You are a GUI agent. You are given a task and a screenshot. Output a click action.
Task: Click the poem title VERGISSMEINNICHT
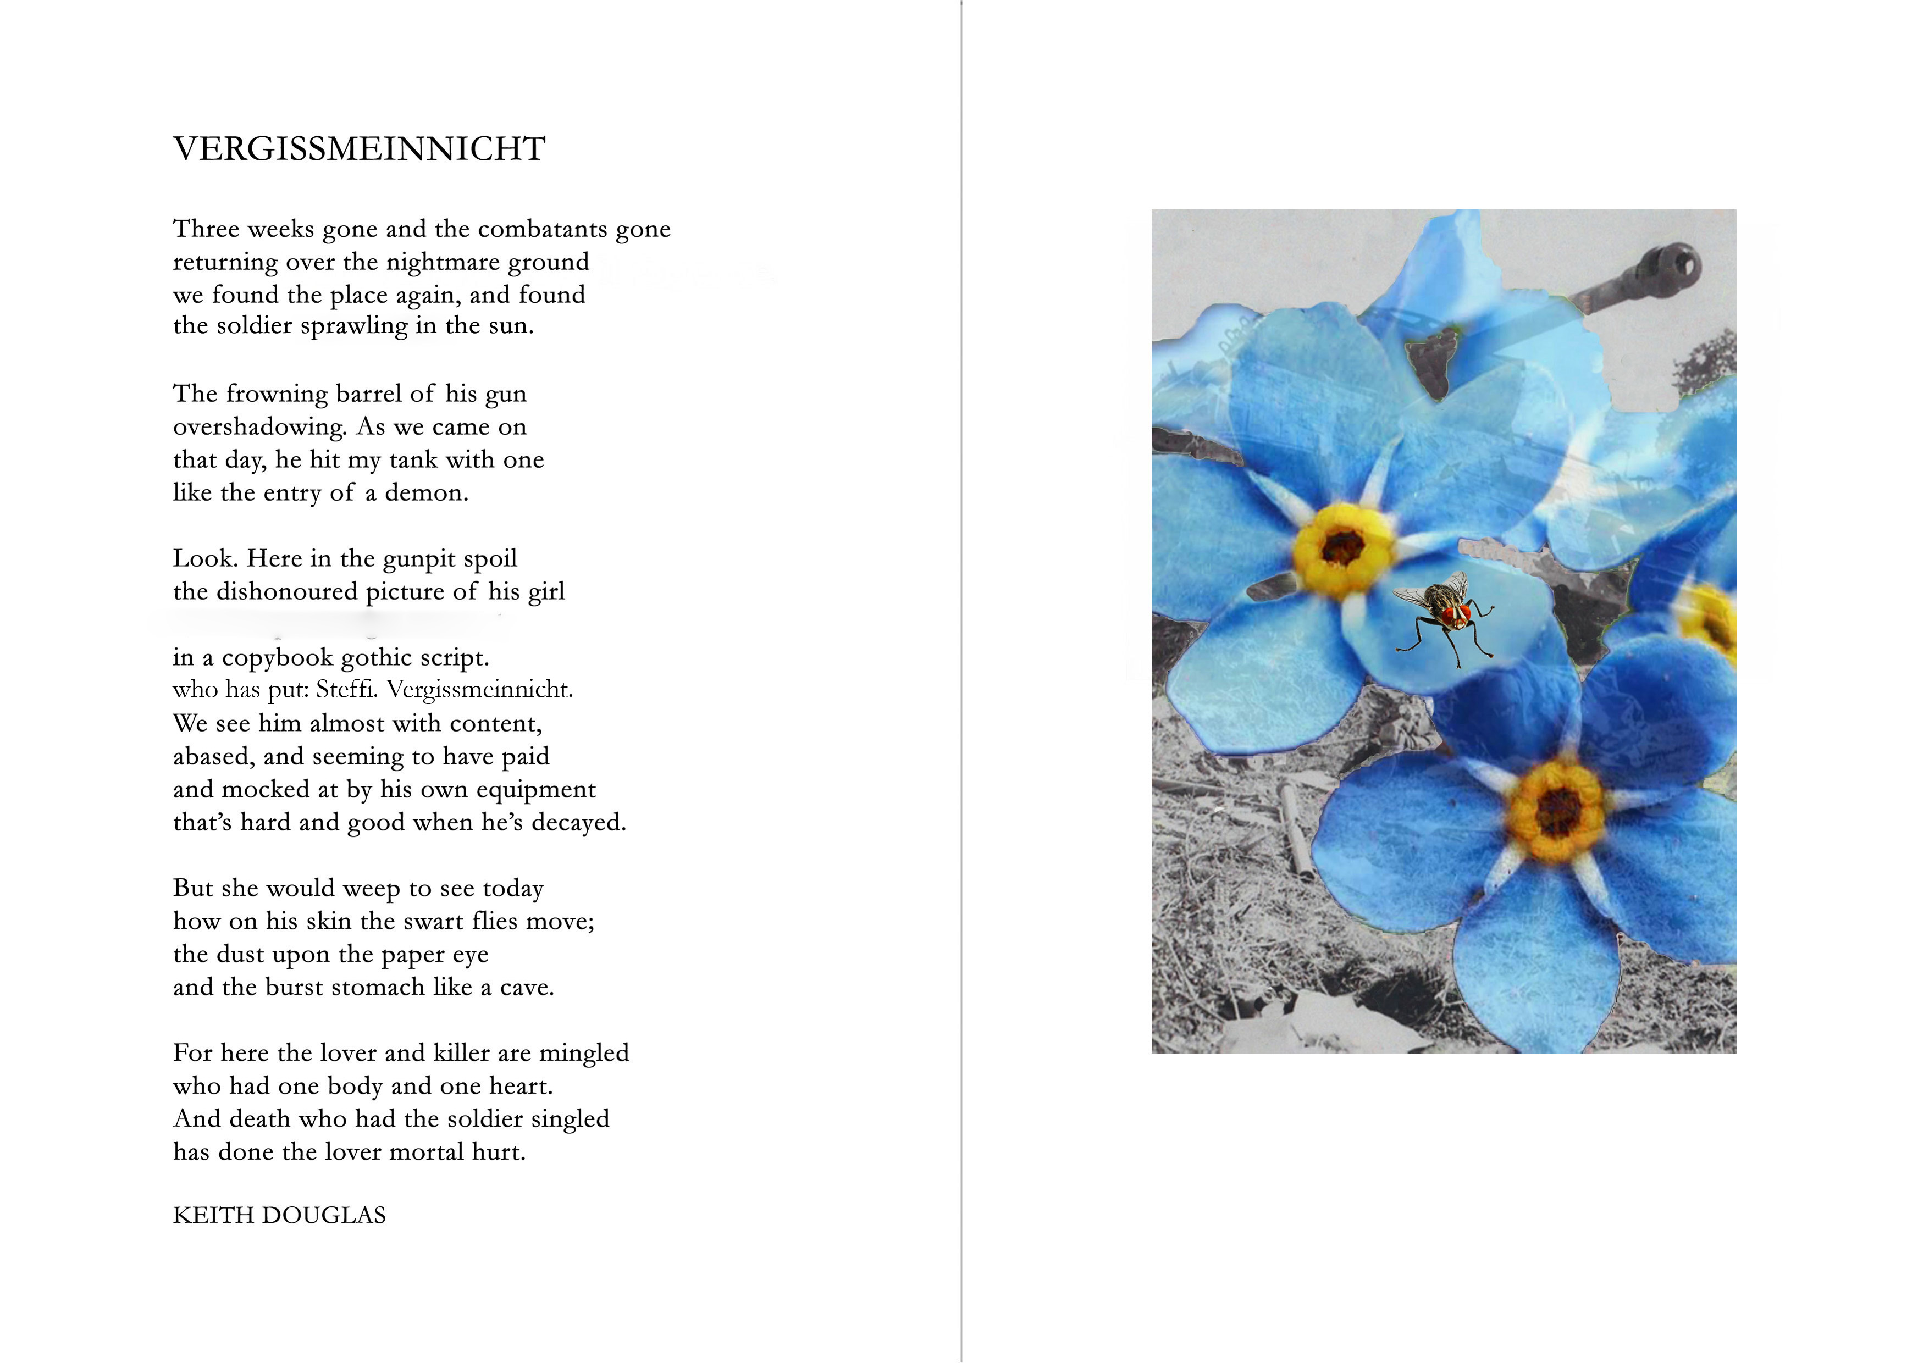click(359, 149)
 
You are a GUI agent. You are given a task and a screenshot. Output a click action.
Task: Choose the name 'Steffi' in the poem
click(348, 690)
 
